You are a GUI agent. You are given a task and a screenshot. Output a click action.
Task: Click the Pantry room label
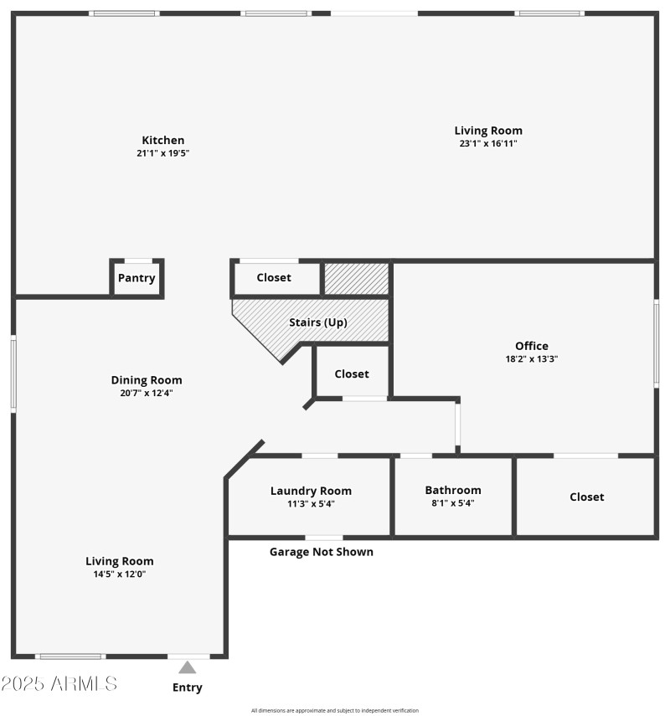click(137, 278)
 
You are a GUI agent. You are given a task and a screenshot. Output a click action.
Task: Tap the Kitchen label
click(163, 140)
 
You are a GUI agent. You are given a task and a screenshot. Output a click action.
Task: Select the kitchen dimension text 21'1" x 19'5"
click(163, 153)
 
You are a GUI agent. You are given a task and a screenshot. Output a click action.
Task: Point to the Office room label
click(532, 346)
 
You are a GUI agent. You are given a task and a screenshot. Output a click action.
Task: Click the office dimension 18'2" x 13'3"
click(532, 358)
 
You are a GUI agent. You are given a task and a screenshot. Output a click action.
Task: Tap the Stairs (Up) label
click(318, 322)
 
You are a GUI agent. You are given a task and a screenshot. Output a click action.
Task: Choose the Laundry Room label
click(311, 491)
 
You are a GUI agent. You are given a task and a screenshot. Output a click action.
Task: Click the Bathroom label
click(453, 490)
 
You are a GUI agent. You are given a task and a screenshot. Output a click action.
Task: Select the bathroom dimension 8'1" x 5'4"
click(453, 503)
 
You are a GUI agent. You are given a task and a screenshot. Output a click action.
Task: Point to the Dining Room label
click(147, 379)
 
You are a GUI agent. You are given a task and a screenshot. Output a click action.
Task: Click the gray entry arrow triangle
click(188, 667)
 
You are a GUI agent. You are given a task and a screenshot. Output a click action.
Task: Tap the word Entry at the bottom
click(188, 688)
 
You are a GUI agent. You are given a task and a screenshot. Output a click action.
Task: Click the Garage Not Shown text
click(322, 552)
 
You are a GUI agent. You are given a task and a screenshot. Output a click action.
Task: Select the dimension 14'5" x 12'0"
click(120, 574)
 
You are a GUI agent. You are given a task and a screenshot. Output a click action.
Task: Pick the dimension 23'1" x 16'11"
click(488, 143)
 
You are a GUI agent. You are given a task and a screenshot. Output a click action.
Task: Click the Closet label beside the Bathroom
click(586, 497)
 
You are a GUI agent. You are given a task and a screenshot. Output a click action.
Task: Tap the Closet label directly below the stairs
click(352, 374)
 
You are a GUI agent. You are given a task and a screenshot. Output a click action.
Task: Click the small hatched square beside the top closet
click(357, 278)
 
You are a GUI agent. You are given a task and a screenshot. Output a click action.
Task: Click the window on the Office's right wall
click(657, 343)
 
